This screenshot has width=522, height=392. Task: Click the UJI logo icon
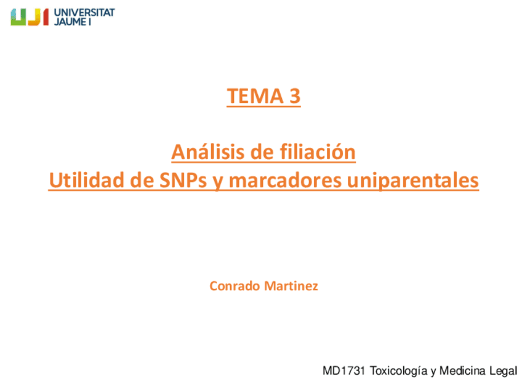click(29, 17)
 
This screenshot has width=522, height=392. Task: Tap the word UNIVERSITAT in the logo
click(84, 12)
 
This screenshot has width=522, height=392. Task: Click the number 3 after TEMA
click(294, 96)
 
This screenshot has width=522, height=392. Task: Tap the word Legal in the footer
click(504, 371)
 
